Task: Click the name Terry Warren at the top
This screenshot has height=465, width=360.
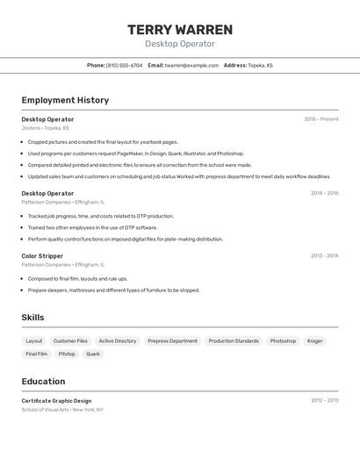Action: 180,30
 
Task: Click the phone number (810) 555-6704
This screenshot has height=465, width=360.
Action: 124,65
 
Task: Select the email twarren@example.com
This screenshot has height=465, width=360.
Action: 191,65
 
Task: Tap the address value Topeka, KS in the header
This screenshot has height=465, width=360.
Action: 260,65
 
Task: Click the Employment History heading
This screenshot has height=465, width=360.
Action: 65,100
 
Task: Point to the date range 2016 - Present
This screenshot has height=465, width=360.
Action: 320,119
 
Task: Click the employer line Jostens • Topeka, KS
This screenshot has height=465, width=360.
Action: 45,128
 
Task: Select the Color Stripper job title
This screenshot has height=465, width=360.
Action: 42,256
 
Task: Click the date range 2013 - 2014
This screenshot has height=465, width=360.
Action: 324,256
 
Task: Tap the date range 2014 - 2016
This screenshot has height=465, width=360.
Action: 324,193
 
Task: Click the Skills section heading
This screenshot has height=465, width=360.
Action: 32,318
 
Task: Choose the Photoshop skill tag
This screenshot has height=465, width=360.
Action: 283,341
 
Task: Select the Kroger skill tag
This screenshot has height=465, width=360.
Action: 315,341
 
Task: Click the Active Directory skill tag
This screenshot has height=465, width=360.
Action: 118,341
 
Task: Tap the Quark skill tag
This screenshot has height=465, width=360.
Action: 93,354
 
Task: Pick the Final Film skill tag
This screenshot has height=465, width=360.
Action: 37,354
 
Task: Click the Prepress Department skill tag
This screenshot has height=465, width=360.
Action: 172,341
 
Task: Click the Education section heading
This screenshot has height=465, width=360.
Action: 43,382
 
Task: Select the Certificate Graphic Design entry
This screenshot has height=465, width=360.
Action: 56,401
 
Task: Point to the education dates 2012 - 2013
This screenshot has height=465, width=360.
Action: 324,401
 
